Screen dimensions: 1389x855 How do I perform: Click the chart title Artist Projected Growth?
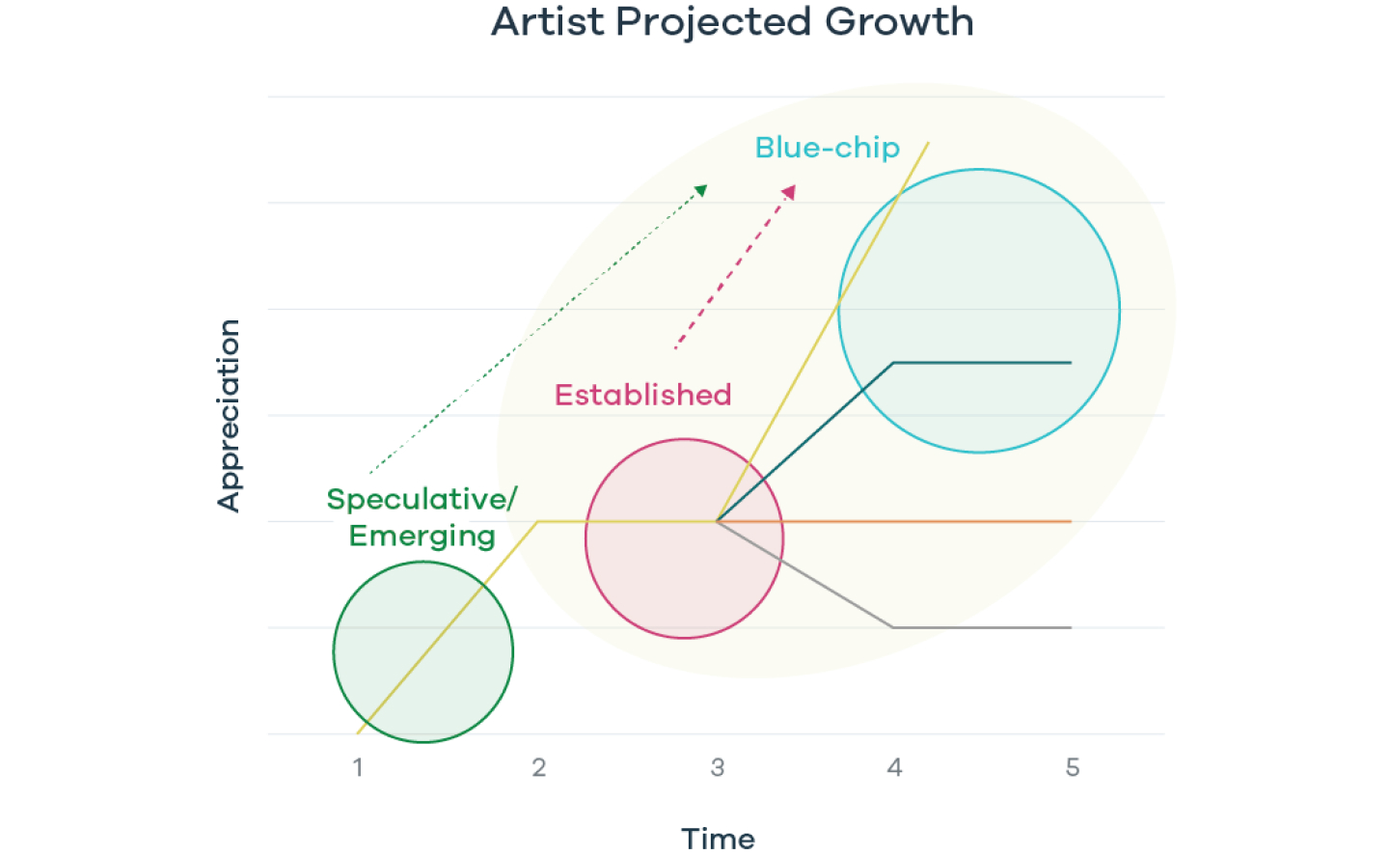click(x=732, y=23)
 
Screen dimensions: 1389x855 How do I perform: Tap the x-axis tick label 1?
click(x=358, y=768)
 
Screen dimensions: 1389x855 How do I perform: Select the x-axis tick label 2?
click(x=539, y=768)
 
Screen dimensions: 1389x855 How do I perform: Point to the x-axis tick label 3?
click(x=718, y=768)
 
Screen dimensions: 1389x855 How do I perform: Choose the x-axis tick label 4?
click(x=894, y=768)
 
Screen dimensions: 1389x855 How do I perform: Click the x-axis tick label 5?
click(x=1073, y=768)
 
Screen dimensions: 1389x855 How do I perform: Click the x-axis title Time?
click(x=718, y=840)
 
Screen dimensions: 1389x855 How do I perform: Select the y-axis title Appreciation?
click(x=229, y=416)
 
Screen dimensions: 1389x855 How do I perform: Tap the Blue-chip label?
click(x=828, y=149)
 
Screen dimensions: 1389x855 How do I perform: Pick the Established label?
click(x=643, y=396)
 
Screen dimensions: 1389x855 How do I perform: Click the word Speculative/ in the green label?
click(x=422, y=500)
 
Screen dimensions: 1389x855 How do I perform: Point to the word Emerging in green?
click(x=422, y=537)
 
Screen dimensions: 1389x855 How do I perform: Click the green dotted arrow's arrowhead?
click(x=700, y=190)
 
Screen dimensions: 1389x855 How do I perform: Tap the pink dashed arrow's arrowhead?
click(x=789, y=192)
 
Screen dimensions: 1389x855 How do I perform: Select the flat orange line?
click(x=894, y=521)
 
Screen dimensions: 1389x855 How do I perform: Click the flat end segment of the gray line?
click(x=982, y=627)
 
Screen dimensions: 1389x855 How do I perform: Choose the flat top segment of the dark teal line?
click(x=982, y=362)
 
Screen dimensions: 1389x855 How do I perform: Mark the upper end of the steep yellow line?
click(x=928, y=143)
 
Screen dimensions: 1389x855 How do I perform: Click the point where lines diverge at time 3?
click(x=717, y=521)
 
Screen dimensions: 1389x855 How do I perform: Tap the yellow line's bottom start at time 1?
click(x=358, y=734)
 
